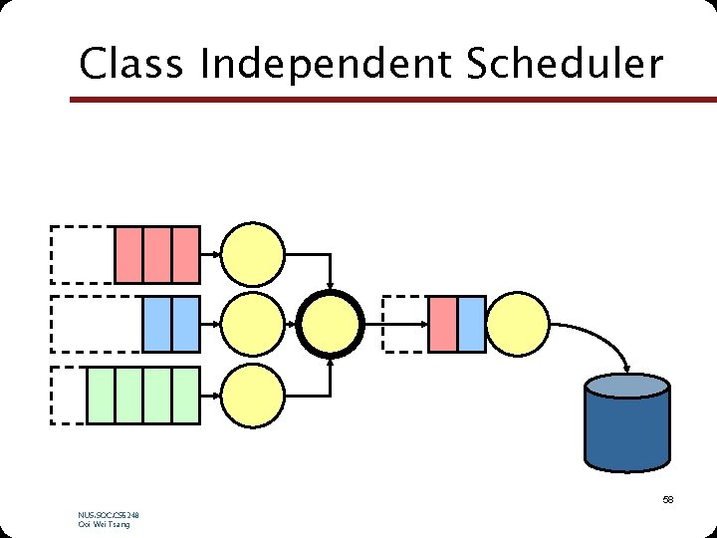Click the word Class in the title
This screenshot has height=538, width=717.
click(131, 65)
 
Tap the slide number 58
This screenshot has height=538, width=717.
click(667, 499)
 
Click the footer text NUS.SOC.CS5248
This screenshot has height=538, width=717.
click(108, 515)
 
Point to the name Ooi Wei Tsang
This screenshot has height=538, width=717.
click(104, 525)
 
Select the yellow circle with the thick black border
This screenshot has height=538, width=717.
click(332, 324)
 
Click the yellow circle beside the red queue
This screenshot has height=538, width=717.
click(253, 255)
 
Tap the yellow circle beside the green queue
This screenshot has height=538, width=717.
click(253, 395)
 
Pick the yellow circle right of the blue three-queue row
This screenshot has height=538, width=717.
click(253, 324)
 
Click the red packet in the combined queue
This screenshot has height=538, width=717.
click(442, 324)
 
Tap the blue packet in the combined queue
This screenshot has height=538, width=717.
click(472, 324)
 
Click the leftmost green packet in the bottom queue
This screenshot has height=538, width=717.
click(101, 395)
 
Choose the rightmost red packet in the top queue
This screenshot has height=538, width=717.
click(186, 255)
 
